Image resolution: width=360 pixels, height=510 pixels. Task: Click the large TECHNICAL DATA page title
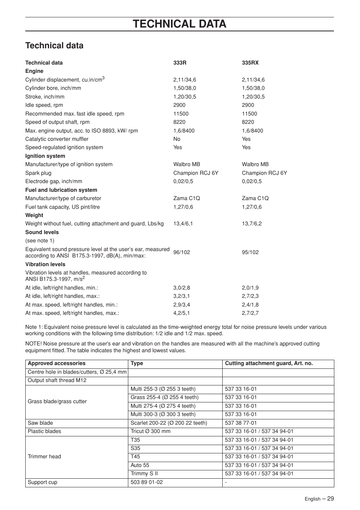[180, 24]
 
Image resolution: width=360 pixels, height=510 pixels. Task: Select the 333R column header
[180, 63]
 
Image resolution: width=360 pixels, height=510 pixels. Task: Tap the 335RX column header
[250, 63]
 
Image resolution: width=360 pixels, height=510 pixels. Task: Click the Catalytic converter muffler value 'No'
[177, 139]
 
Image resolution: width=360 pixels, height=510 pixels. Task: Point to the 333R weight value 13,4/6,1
[183, 223]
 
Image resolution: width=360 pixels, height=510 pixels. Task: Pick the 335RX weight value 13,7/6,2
[252, 223]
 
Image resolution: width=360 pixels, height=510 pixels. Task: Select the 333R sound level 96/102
[182, 252]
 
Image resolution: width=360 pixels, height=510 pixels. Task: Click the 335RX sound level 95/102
[250, 252]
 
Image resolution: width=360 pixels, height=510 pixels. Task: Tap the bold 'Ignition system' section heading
[45, 156]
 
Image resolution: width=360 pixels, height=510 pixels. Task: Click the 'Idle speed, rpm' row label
[44, 105]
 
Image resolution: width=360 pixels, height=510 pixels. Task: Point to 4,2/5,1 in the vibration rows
[182, 313]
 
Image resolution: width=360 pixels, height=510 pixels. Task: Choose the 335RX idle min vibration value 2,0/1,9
[250, 288]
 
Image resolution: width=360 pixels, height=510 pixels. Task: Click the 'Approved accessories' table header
[57, 363]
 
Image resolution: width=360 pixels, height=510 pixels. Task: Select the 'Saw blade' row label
[40, 423]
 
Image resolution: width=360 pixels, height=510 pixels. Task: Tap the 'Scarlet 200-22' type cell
[169, 423]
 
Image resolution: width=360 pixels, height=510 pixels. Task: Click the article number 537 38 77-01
[241, 423]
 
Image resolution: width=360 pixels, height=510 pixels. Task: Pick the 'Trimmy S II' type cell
[144, 473]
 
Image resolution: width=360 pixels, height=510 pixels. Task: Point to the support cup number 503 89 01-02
[147, 482]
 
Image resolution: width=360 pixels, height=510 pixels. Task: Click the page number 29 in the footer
[330, 498]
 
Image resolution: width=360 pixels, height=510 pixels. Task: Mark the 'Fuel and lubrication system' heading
[61, 190]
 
